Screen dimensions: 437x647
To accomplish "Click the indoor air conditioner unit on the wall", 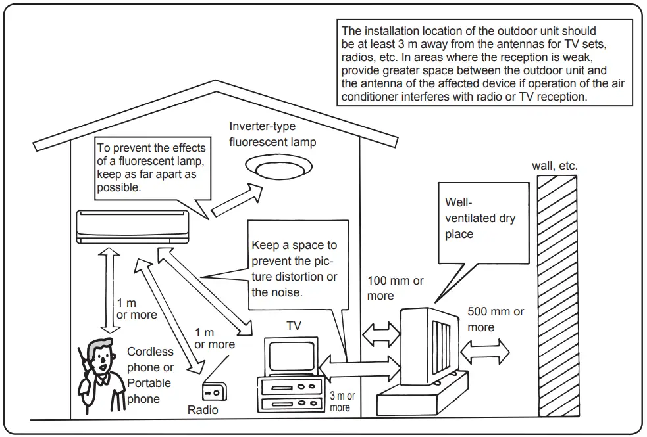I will tap(132, 226).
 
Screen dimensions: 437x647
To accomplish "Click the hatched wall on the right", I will tap(557, 296).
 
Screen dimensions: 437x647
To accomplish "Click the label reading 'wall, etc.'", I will tap(554, 166).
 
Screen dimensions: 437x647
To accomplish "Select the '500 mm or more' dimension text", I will tap(496, 319).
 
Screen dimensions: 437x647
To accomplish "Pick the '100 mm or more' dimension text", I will tap(395, 288).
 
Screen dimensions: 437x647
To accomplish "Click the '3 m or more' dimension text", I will tap(342, 402).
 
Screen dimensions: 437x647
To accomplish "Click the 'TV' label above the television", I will tap(294, 326).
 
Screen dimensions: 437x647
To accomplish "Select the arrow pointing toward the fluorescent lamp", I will tap(236, 199).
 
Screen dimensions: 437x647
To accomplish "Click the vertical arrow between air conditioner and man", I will tap(108, 290).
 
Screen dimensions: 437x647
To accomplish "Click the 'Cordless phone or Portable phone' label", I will tap(150, 375).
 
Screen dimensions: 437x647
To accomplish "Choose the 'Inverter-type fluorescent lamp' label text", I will tap(272, 134).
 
